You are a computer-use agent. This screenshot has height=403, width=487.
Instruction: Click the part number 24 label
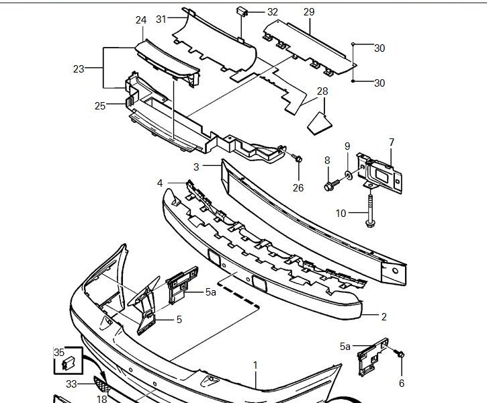141,20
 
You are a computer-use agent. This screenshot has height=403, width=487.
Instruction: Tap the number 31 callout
161,19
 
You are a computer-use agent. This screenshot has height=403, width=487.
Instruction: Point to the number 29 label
309,12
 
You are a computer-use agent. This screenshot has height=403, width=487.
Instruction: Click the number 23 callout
79,69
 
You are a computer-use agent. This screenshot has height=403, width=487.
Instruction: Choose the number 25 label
100,105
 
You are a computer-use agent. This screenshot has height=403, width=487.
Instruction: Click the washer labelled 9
348,175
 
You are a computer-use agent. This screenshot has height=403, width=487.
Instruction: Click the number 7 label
391,142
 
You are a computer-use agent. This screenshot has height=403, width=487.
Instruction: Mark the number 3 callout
196,166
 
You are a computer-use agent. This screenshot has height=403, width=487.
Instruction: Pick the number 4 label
160,183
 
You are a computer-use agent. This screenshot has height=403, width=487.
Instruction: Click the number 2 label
384,316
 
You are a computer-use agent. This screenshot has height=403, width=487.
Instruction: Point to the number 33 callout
71,384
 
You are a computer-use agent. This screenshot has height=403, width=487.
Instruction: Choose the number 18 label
101,399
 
